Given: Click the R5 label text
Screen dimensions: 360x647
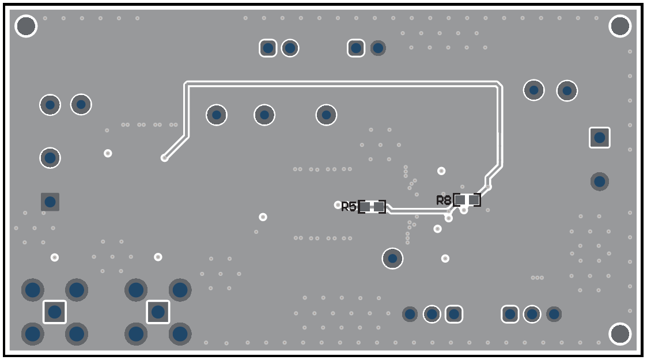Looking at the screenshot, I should (349, 207).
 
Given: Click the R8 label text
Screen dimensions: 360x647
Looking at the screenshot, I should (444, 200).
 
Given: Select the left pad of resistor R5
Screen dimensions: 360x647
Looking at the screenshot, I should (365, 206).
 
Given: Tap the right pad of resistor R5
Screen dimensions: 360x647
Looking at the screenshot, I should (379, 206).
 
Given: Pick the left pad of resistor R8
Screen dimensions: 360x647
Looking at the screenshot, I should (460, 199).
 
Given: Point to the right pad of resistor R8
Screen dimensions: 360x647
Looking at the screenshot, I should (474, 199).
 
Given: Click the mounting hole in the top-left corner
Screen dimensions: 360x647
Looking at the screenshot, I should (26, 26).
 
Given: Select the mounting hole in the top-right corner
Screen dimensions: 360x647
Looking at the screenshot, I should (620, 26).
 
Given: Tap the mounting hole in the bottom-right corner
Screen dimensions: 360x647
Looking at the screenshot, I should (620, 334).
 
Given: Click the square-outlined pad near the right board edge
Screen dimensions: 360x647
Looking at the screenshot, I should (600, 138).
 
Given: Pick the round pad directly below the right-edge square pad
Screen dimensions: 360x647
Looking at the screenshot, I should (600, 181).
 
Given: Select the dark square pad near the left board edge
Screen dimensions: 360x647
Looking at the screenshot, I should (50, 202).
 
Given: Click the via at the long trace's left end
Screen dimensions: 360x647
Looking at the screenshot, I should (164, 157).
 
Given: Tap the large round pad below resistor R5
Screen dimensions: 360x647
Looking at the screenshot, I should (392, 258).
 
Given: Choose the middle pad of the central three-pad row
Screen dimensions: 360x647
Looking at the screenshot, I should (264, 115).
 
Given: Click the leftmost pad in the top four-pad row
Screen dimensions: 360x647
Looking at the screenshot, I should (268, 48).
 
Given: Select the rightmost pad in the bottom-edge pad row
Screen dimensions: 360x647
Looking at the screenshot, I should (554, 314).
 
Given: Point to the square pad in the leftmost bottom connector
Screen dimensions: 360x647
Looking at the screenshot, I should (55, 312).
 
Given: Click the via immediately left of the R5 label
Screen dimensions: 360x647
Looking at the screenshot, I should (338, 204).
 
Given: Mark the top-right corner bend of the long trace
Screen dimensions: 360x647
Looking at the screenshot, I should (498, 84).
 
